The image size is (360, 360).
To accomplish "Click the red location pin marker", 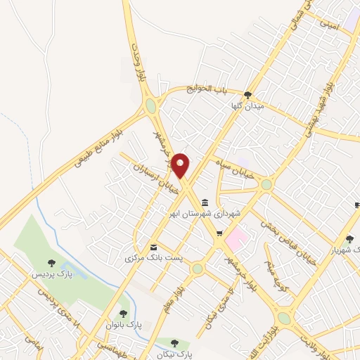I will pyautogui.click(x=181, y=165).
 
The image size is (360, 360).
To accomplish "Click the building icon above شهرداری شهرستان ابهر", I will pyautogui.click(x=204, y=200).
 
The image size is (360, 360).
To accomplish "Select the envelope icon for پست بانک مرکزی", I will pyautogui.click(x=153, y=247).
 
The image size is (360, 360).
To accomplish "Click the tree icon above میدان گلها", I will pyautogui.click(x=247, y=95).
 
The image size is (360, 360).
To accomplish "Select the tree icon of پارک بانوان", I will pyautogui.click(x=123, y=314).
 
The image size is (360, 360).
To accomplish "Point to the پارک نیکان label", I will pyautogui.click(x=175, y=354).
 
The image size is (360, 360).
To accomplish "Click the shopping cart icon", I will pyautogui.click(x=219, y=234).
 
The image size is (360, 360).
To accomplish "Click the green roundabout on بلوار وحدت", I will pyautogui.click(x=150, y=106).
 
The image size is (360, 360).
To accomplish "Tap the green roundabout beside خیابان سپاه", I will pyautogui.click(x=266, y=185).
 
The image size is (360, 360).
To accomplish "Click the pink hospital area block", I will pyautogui.click(x=236, y=236).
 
